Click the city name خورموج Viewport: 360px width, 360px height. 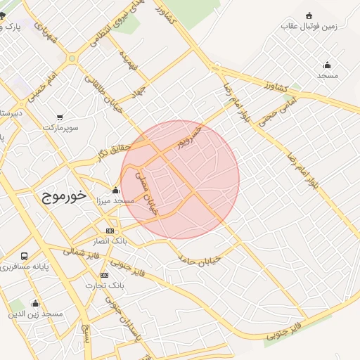click(60, 195)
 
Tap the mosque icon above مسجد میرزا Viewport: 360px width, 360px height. click(115, 190)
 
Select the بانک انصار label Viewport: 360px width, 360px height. click(109, 242)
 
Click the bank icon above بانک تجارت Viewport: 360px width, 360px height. click(104, 275)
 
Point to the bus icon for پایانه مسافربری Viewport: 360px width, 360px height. click(25, 257)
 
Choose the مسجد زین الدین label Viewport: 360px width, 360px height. click(35, 314)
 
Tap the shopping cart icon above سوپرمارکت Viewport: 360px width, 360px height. click(60, 117)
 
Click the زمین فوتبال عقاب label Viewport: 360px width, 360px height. click(309, 27)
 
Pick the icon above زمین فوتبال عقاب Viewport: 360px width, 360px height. click(309, 15)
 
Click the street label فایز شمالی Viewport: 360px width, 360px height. click(74, 251)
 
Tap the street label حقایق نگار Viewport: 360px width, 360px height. click(115, 150)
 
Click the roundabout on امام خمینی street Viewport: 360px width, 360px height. click(71, 58)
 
